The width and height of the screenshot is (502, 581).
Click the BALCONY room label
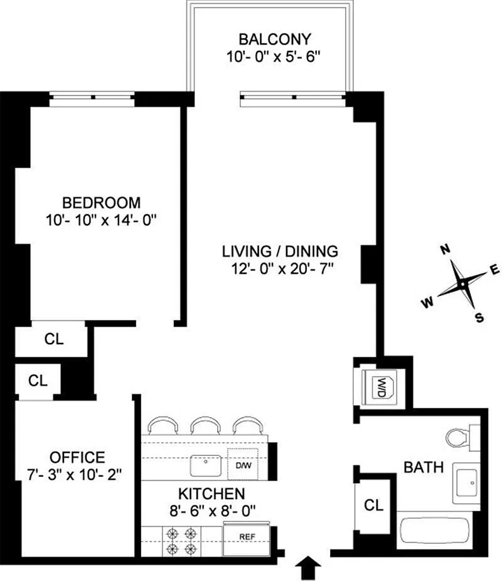[x=275, y=39]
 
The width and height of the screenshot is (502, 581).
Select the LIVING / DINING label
[x=280, y=251]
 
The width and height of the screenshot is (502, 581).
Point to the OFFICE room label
[x=77, y=458]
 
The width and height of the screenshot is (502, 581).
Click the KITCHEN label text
[x=211, y=494]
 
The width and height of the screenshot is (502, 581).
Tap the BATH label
[x=424, y=467]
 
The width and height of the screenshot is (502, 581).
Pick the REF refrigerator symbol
[x=247, y=540]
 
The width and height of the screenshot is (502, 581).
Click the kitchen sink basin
[x=206, y=465]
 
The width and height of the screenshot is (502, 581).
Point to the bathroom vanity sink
[x=466, y=483]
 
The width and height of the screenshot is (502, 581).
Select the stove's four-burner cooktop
[x=182, y=541]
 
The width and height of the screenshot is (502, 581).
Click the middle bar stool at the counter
[x=206, y=425]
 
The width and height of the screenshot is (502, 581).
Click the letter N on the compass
[x=446, y=249]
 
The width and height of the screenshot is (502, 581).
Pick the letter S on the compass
[x=479, y=318]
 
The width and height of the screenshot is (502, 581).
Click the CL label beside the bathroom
[x=373, y=505]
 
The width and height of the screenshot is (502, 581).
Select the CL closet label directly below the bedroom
[x=54, y=339]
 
